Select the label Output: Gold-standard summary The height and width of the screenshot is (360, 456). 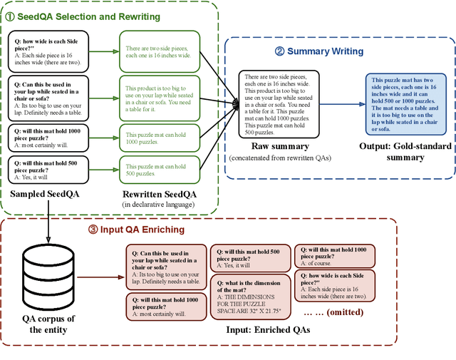coord(405,152)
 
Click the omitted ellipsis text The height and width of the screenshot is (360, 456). coord(333,312)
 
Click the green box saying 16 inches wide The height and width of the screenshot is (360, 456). coord(158,51)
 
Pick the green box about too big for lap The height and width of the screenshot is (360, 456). coord(158,94)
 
